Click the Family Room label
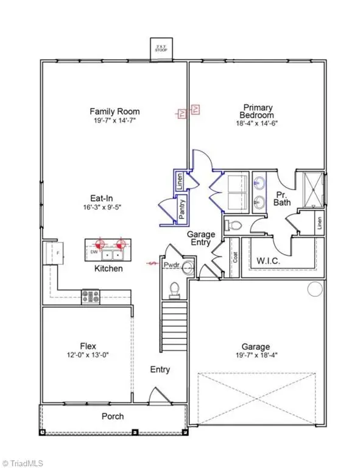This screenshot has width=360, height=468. point(115,112)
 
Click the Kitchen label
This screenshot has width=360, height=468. point(108,268)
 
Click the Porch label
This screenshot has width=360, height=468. point(113,417)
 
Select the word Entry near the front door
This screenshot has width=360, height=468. point(160,369)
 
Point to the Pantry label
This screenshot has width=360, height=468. point(182,210)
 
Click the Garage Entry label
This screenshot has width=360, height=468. point(199,237)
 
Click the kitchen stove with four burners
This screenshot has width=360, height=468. point(91,297)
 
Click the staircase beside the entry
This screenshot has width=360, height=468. point(175,326)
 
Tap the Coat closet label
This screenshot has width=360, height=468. point(235,256)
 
